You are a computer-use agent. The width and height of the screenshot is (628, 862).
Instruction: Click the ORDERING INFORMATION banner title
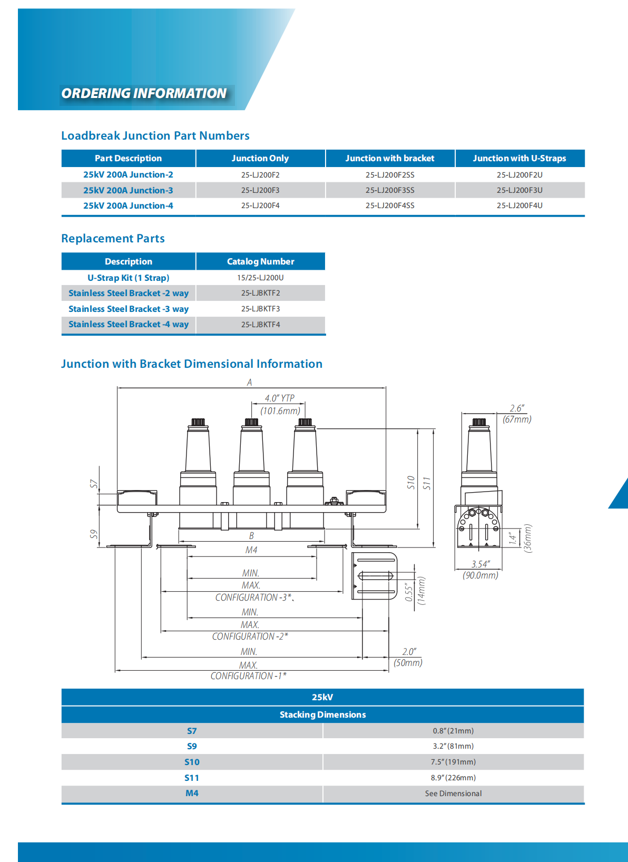[x=144, y=94]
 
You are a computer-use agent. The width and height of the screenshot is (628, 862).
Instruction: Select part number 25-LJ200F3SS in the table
[x=390, y=190]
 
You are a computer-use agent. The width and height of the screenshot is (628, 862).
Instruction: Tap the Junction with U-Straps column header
[x=519, y=158]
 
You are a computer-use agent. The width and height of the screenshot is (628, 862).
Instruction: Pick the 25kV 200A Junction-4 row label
[x=128, y=206]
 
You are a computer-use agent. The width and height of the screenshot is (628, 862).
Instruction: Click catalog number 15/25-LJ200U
[x=260, y=278]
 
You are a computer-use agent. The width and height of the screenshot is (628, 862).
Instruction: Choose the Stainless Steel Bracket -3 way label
[x=129, y=309]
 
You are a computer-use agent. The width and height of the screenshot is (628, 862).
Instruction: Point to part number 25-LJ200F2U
[x=519, y=175]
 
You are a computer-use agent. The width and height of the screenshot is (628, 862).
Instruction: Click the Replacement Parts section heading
[x=113, y=239]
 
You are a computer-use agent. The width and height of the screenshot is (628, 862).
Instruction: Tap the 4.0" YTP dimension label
[x=280, y=398]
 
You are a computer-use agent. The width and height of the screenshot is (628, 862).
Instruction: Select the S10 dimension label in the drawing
[x=411, y=482]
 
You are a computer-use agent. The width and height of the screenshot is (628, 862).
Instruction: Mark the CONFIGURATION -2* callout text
[x=250, y=636]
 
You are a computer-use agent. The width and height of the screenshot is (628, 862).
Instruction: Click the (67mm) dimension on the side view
[x=517, y=419]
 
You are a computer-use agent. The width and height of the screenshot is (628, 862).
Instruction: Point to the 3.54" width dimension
[x=480, y=564]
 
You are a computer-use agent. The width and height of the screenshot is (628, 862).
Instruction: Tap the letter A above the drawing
[x=250, y=383]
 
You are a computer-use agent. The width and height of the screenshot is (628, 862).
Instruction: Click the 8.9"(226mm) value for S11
[x=453, y=778]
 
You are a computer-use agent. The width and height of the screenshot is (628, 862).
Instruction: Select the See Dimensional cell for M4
[x=453, y=794]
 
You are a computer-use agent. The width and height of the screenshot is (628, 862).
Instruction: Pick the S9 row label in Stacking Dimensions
[x=192, y=747]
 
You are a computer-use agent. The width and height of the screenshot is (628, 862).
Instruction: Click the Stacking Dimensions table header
[x=322, y=714]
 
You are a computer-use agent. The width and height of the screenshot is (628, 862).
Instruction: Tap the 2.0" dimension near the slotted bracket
[x=409, y=652]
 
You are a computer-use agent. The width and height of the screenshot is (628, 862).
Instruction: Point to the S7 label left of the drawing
[x=94, y=484]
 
